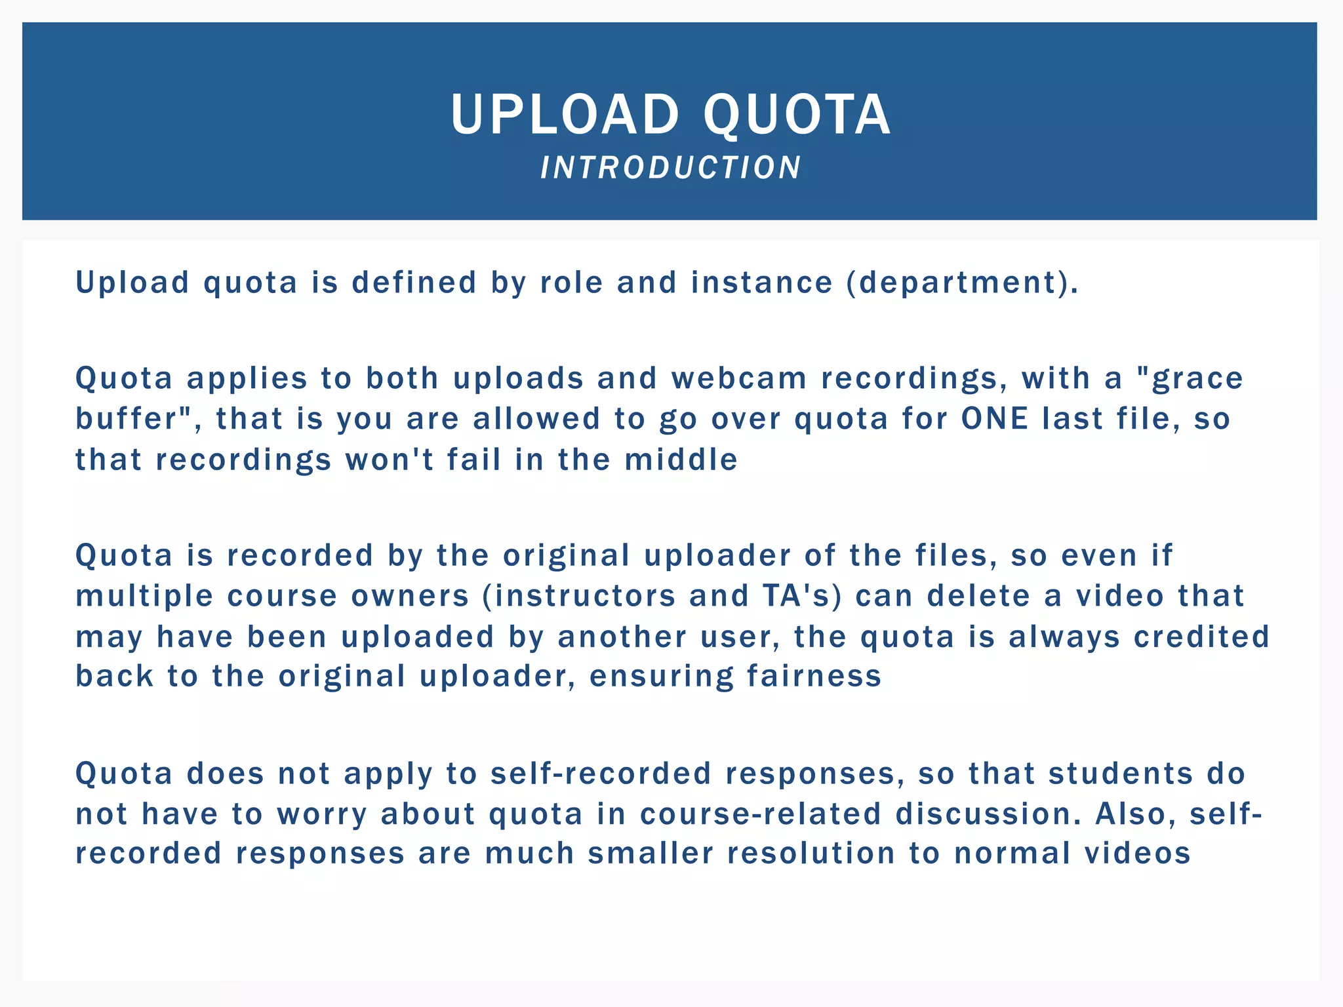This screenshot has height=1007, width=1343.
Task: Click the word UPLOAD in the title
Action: click(565, 115)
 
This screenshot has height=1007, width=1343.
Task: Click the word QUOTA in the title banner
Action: click(797, 115)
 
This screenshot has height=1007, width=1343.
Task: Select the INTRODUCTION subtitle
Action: click(671, 168)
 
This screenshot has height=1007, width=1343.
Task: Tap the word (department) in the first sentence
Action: click(962, 283)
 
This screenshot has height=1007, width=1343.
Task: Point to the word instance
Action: click(761, 283)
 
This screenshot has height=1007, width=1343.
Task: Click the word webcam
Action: click(739, 379)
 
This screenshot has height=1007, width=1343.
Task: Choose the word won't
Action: click(390, 460)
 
